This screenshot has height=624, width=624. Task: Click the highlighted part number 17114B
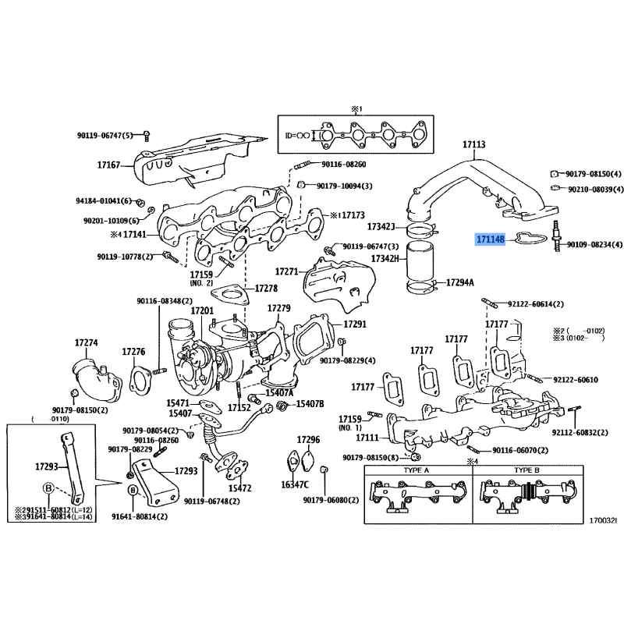point(491,242)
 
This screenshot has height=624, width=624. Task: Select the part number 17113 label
point(473,144)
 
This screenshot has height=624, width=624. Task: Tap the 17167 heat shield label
point(108,165)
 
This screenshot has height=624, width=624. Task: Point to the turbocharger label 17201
point(202,311)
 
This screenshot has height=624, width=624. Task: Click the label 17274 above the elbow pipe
point(86,342)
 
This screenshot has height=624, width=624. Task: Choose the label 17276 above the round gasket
point(134,352)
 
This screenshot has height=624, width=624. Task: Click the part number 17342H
point(385,258)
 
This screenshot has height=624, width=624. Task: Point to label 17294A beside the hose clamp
point(461,281)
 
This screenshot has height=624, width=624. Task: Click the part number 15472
point(240,487)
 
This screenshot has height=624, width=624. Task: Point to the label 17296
point(309,441)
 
